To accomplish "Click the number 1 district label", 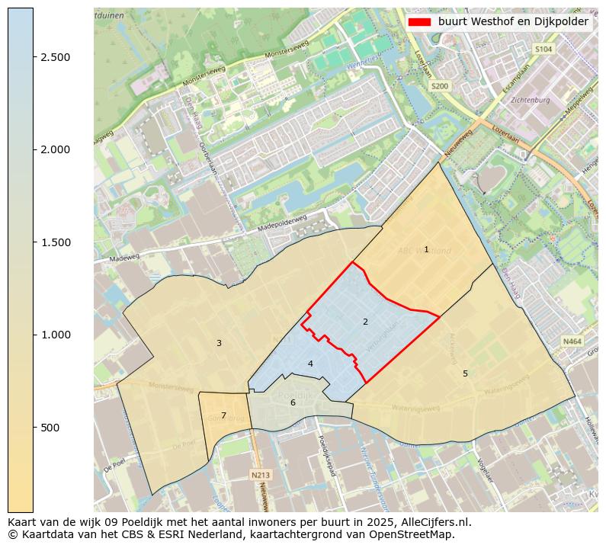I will (426, 250).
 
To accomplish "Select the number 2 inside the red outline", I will (365, 322).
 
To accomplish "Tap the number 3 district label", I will (219, 344).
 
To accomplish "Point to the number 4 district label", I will (310, 364).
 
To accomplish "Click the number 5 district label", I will (465, 373).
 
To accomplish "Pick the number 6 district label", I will (293, 402).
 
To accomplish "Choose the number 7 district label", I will (223, 415).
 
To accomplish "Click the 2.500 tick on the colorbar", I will (56, 57).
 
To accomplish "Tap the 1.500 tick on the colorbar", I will (56, 242).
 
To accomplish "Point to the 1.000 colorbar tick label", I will (56, 335).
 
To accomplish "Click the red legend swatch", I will (419, 22).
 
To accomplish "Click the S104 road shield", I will (543, 49).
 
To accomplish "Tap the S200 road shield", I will (440, 86).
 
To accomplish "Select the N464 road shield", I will (571, 342).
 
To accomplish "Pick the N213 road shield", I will (260, 475).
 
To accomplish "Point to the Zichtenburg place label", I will (531, 100).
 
